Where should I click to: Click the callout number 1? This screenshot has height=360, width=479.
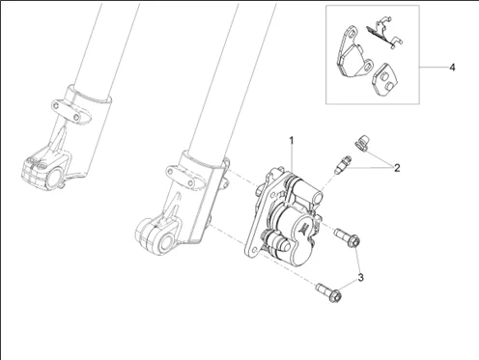click(292, 141)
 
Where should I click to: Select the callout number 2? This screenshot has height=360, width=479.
click(397, 168)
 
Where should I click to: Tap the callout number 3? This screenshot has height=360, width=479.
click(360, 277)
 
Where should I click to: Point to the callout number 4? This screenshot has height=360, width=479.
click(452, 68)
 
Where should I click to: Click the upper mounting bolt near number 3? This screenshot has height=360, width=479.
click(347, 237)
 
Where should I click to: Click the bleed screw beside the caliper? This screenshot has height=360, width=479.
click(343, 165)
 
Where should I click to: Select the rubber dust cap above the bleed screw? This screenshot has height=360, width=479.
click(361, 143)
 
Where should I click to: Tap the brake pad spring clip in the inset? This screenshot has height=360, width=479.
click(384, 33)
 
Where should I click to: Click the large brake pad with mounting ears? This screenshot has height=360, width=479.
click(352, 55)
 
